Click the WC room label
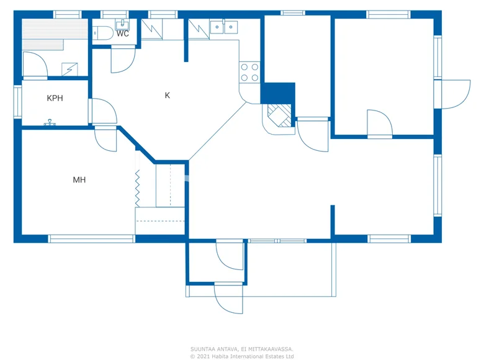click(x=123, y=34)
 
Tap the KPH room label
click(x=55, y=98)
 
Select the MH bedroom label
click(x=79, y=180)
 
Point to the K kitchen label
click(x=167, y=96)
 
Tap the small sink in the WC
click(x=122, y=23)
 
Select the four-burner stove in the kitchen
click(x=249, y=72)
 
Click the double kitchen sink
click(x=223, y=26)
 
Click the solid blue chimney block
click(x=278, y=93)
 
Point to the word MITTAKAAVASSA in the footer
click(x=266, y=349)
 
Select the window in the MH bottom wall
click(x=91, y=238)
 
